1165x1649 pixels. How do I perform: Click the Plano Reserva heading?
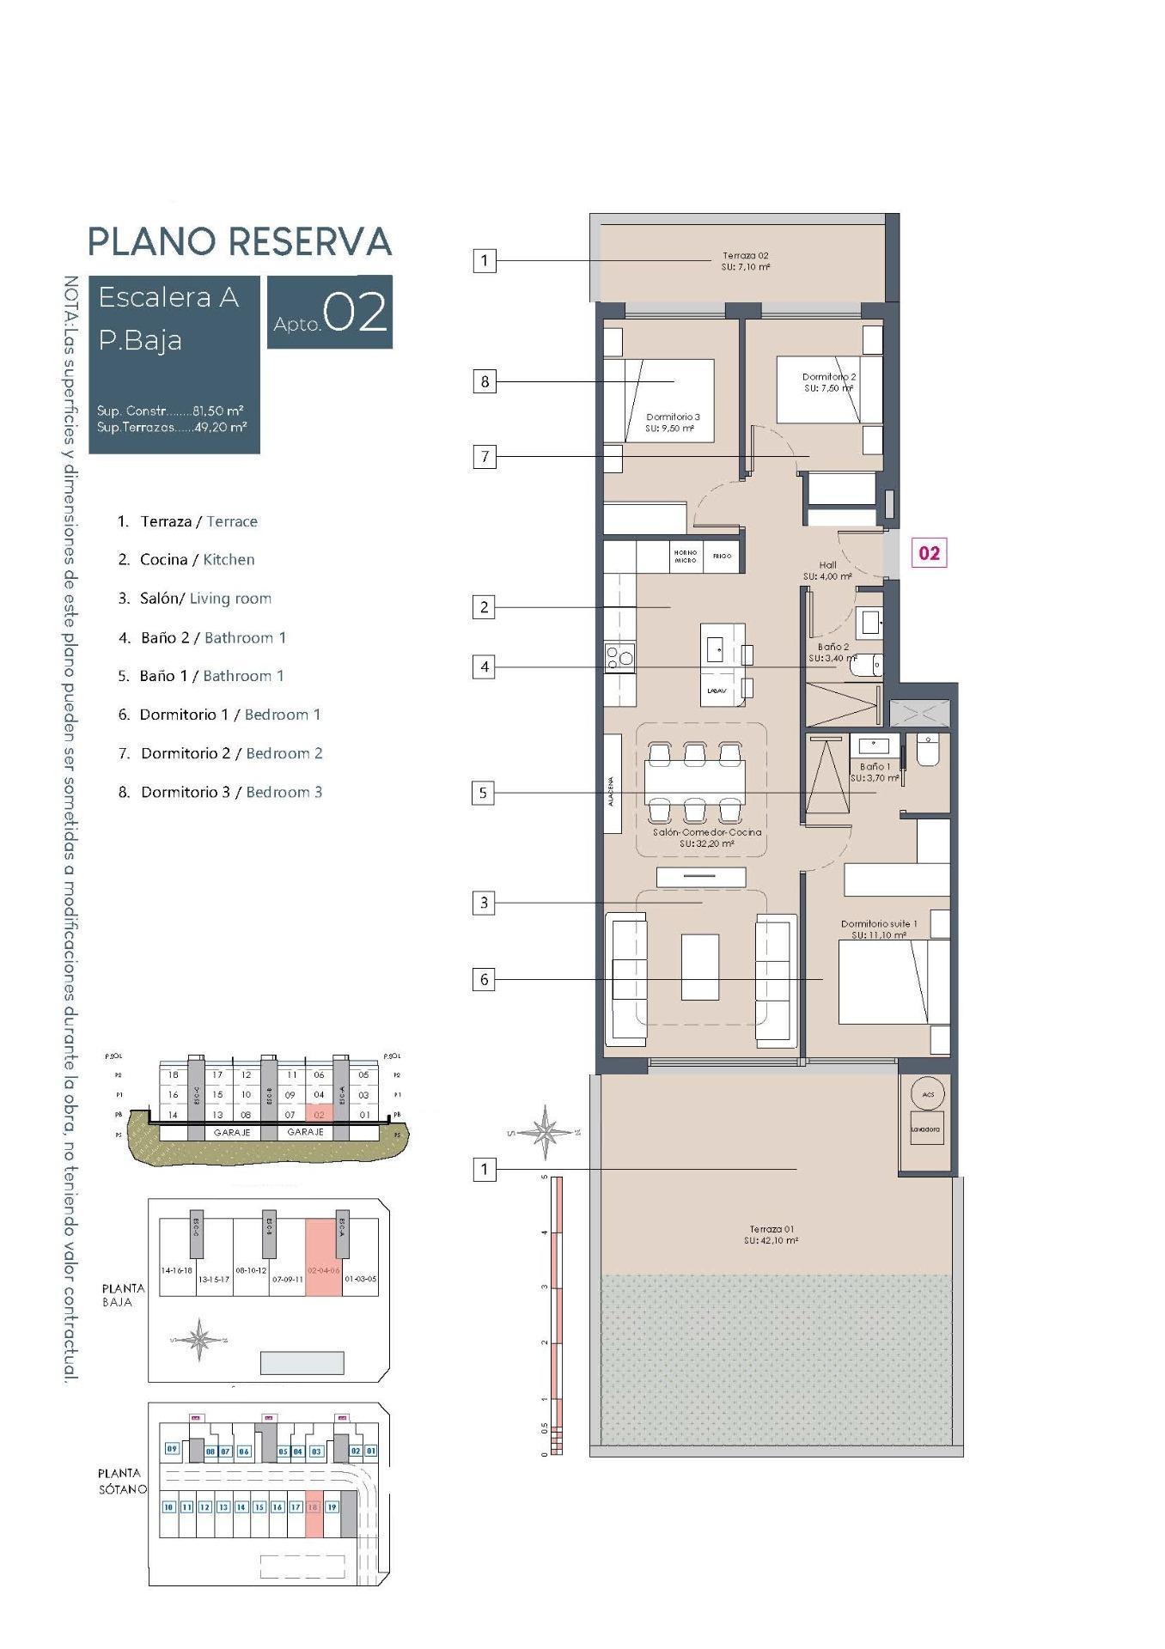click(x=240, y=241)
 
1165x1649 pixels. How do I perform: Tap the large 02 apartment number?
click(x=356, y=313)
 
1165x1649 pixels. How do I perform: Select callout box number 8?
click(x=485, y=381)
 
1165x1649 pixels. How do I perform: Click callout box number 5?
click(x=483, y=793)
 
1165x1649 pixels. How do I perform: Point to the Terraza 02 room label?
click(x=745, y=261)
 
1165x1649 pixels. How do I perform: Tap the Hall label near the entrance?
click(x=827, y=570)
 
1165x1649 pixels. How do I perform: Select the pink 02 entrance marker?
click(x=929, y=553)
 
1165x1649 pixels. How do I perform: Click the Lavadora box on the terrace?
click(x=925, y=1129)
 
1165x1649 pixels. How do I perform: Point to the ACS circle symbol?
click(x=928, y=1093)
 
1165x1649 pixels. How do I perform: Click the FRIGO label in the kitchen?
click(x=722, y=557)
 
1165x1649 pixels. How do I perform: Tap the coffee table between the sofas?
click(x=699, y=967)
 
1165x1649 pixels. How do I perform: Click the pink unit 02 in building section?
click(x=319, y=1115)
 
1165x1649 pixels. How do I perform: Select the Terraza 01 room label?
click(x=771, y=1235)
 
